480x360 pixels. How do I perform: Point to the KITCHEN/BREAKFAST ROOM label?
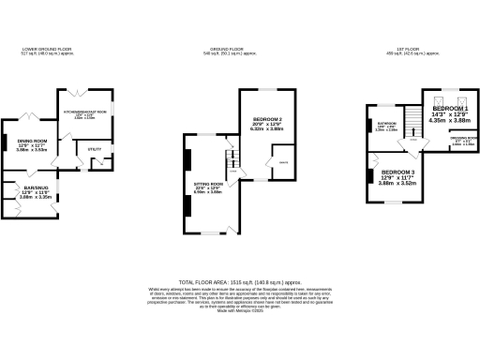85,112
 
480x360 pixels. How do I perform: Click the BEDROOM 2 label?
268,119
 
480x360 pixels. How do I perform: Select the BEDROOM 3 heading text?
397,173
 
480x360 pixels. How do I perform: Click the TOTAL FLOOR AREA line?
240,280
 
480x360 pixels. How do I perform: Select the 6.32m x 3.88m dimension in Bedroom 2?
268,128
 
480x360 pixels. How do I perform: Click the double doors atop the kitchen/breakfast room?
71,90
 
